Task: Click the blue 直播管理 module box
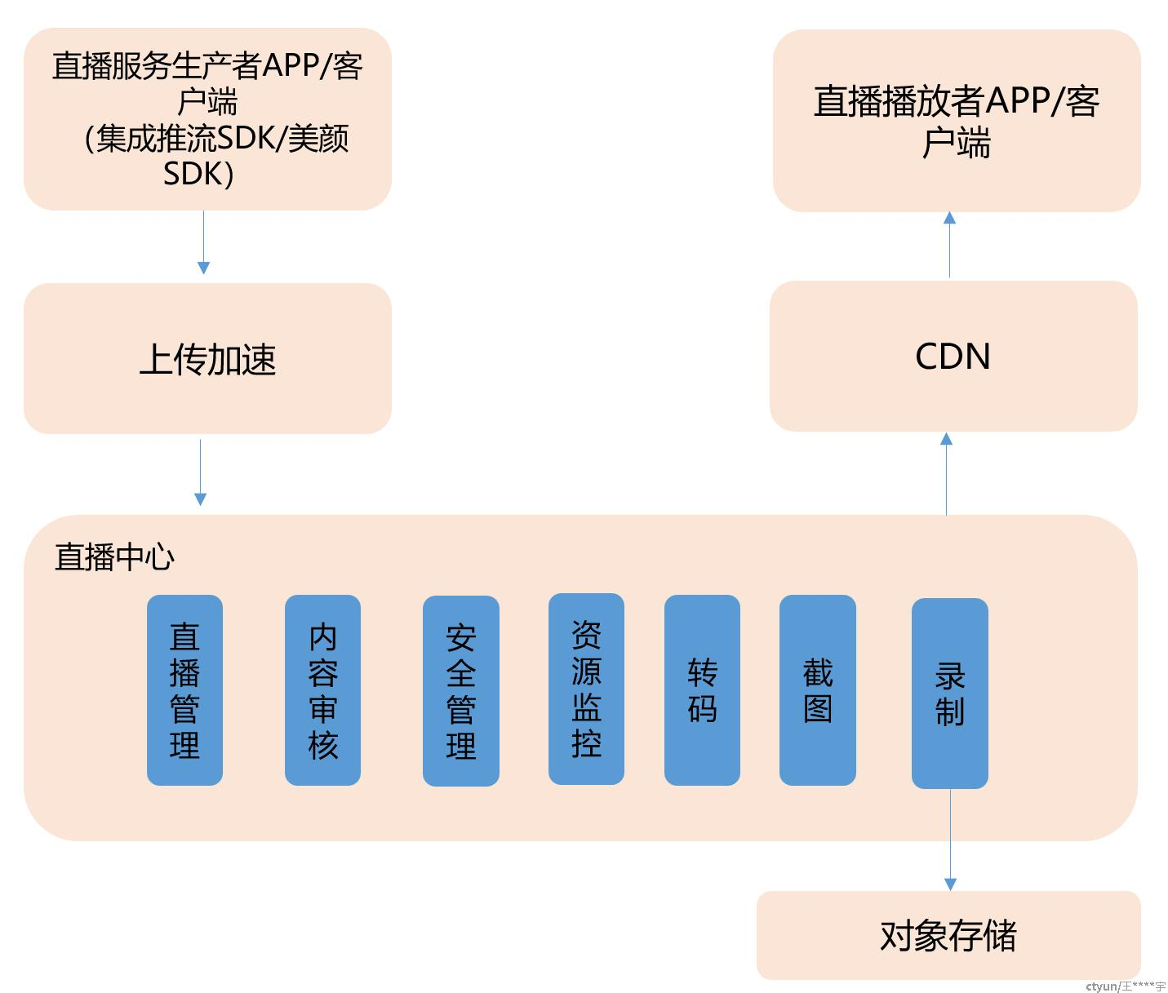point(184,689)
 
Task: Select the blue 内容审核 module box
point(322,689)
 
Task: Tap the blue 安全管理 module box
point(461,691)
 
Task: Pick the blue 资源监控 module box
point(587,689)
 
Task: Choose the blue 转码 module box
point(703,689)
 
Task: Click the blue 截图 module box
point(818,689)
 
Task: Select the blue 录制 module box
point(950,693)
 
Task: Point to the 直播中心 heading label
point(115,557)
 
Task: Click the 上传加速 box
point(207,359)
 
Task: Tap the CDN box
point(953,357)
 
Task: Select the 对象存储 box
point(948,935)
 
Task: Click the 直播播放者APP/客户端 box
point(957,120)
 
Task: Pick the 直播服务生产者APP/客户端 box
point(207,119)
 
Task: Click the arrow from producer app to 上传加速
point(203,243)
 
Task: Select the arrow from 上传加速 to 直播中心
point(201,472)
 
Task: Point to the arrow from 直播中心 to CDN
point(947,474)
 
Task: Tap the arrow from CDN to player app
point(950,245)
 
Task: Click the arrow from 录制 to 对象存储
point(950,840)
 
